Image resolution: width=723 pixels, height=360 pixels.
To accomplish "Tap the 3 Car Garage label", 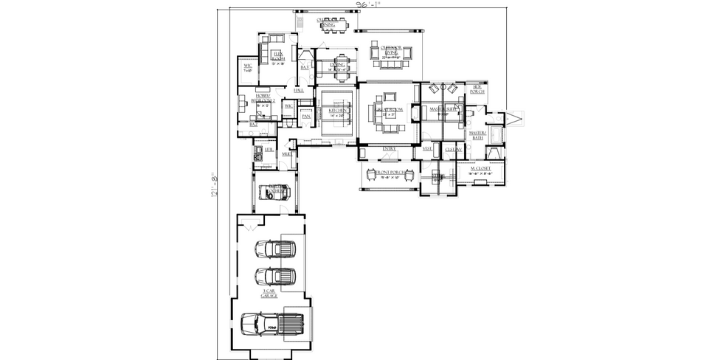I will pos(270,294).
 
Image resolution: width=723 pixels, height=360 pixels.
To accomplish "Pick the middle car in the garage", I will pos(275,277).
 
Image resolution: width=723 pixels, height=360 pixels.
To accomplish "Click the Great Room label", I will pos(389,111).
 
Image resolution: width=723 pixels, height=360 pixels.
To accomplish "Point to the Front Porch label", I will pos(389,173).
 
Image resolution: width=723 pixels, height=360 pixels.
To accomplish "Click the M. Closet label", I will pos(480,169).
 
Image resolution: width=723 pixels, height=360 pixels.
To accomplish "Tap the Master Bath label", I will pos(478,135).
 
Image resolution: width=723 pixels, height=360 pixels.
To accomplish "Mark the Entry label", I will pos(389,149).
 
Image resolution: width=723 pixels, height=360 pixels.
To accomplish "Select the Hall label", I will pos(299,90).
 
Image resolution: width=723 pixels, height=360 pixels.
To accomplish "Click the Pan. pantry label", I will pos(306,116).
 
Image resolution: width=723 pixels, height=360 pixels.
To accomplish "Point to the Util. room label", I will pos(269,150).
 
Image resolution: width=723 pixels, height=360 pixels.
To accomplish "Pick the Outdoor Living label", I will pos(390,52).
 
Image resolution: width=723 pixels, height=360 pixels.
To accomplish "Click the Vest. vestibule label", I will pos(427,149).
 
